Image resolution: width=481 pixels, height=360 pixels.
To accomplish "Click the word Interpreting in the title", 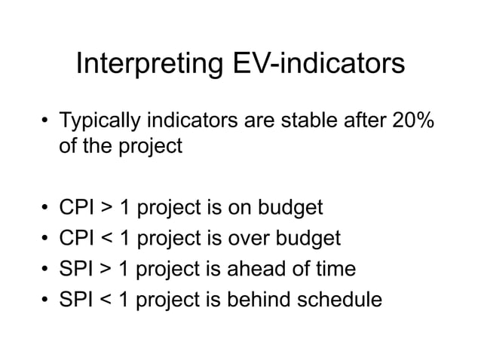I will click(x=146, y=65).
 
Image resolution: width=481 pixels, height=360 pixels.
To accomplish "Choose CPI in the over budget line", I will click(x=78, y=238).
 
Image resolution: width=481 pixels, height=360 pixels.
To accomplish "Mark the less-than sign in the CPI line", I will click(x=109, y=239).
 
